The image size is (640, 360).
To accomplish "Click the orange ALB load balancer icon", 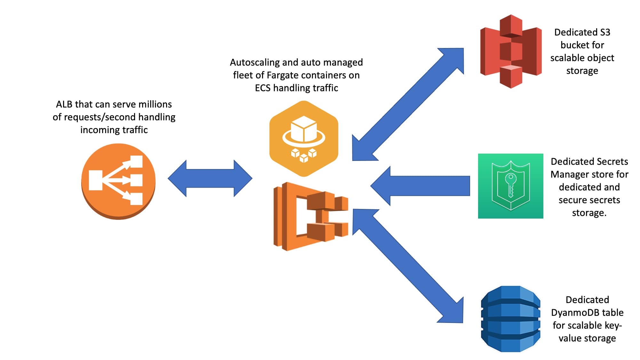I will pos(118,181).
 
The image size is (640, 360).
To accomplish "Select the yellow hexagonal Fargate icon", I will pos(304,138).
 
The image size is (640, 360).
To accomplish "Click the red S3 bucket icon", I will pos(511,51).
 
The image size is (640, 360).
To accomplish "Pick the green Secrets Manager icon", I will pos(510,186).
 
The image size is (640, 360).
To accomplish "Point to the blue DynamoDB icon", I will pos(511,319).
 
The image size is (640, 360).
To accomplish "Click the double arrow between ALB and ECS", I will pos(210,178).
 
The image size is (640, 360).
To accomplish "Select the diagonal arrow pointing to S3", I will pos(408,104).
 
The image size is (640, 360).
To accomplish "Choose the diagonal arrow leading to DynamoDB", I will pos(408,266).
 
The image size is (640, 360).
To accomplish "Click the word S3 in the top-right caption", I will pos(605,32).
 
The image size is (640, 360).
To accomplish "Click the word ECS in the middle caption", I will pos(262,88).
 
